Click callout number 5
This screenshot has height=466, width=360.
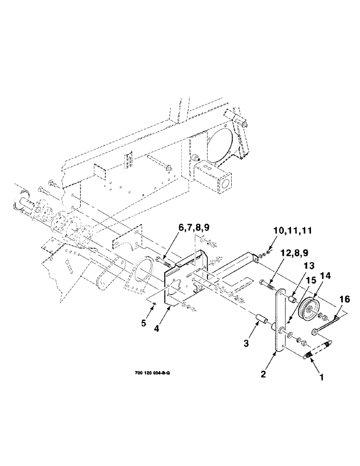click(144, 322)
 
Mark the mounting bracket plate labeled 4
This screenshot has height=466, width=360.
click(184, 280)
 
